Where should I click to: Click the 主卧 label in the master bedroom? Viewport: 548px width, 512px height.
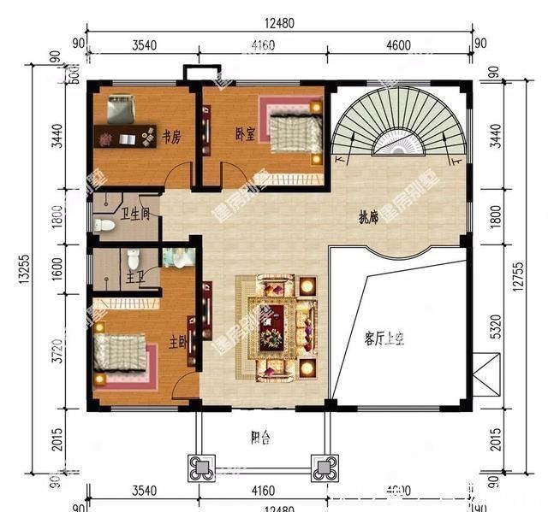coord(177,342)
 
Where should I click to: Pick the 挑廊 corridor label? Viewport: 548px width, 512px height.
coord(367,219)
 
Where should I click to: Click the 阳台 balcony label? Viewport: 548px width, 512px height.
coord(261,438)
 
